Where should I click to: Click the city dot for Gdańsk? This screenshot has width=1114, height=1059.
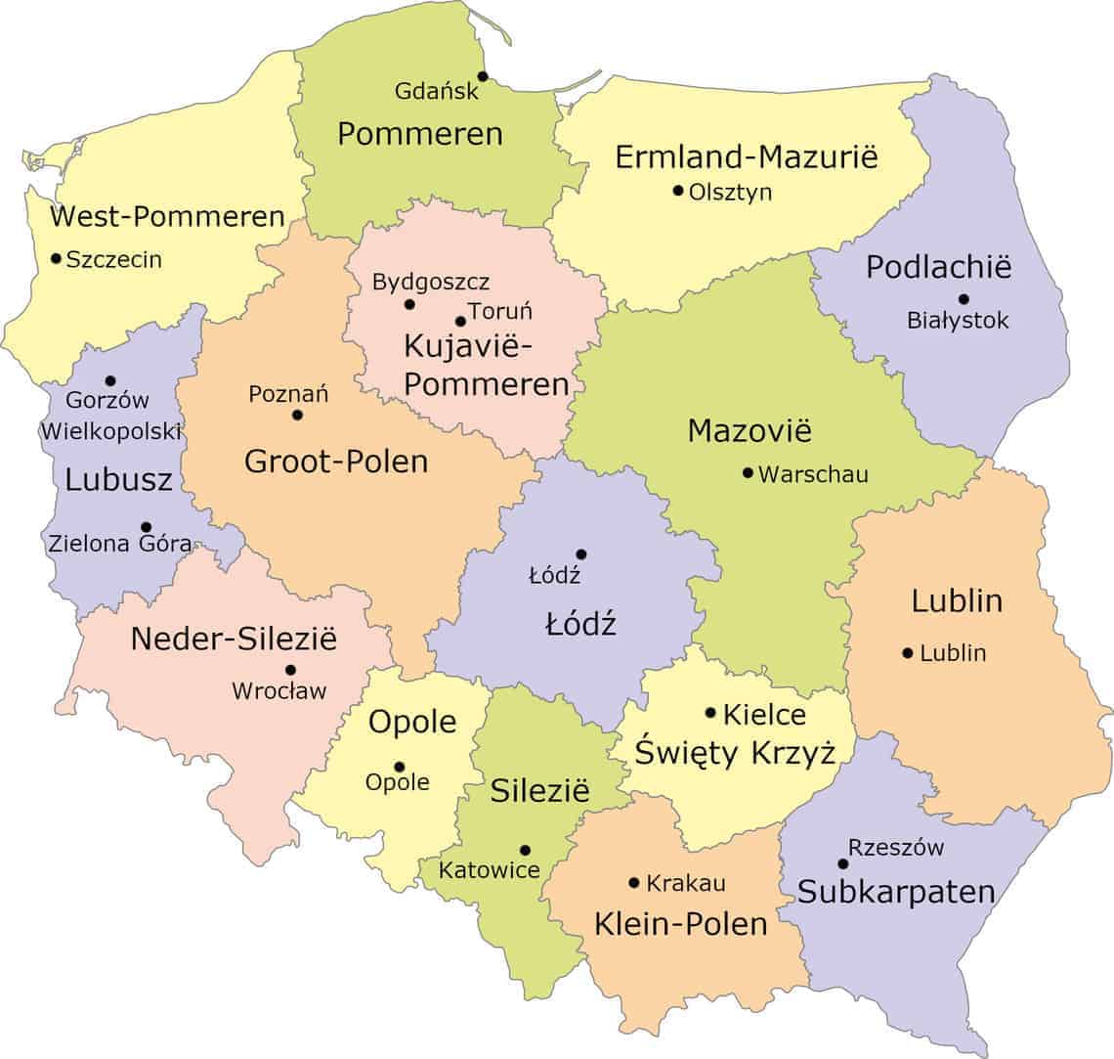(x=482, y=76)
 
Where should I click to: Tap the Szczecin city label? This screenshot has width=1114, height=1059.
(x=114, y=260)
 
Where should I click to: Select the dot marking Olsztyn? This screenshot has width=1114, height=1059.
(x=677, y=191)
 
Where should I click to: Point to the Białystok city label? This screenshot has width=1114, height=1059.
(x=958, y=321)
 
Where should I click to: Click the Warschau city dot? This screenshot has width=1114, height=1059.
(x=748, y=473)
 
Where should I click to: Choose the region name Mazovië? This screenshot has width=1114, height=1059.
(x=750, y=431)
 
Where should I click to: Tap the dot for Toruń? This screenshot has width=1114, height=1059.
(x=460, y=321)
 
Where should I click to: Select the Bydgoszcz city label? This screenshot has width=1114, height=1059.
(x=431, y=283)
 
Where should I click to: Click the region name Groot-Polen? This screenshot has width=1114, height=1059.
(x=336, y=462)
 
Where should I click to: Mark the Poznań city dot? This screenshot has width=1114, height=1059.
(x=297, y=416)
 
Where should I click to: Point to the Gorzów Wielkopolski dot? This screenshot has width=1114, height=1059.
(x=110, y=381)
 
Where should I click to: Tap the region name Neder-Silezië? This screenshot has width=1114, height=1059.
(x=234, y=640)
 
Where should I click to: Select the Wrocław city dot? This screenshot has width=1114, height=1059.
(x=290, y=670)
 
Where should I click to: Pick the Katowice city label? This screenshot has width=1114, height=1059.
(x=489, y=869)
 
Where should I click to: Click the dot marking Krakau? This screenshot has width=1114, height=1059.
(x=634, y=883)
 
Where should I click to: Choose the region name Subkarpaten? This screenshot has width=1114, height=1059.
(x=896, y=892)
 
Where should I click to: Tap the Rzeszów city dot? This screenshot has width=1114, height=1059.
(x=842, y=863)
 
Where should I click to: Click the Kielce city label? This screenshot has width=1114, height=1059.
(x=764, y=715)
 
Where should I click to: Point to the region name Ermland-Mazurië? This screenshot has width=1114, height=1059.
(x=747, y=156)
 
